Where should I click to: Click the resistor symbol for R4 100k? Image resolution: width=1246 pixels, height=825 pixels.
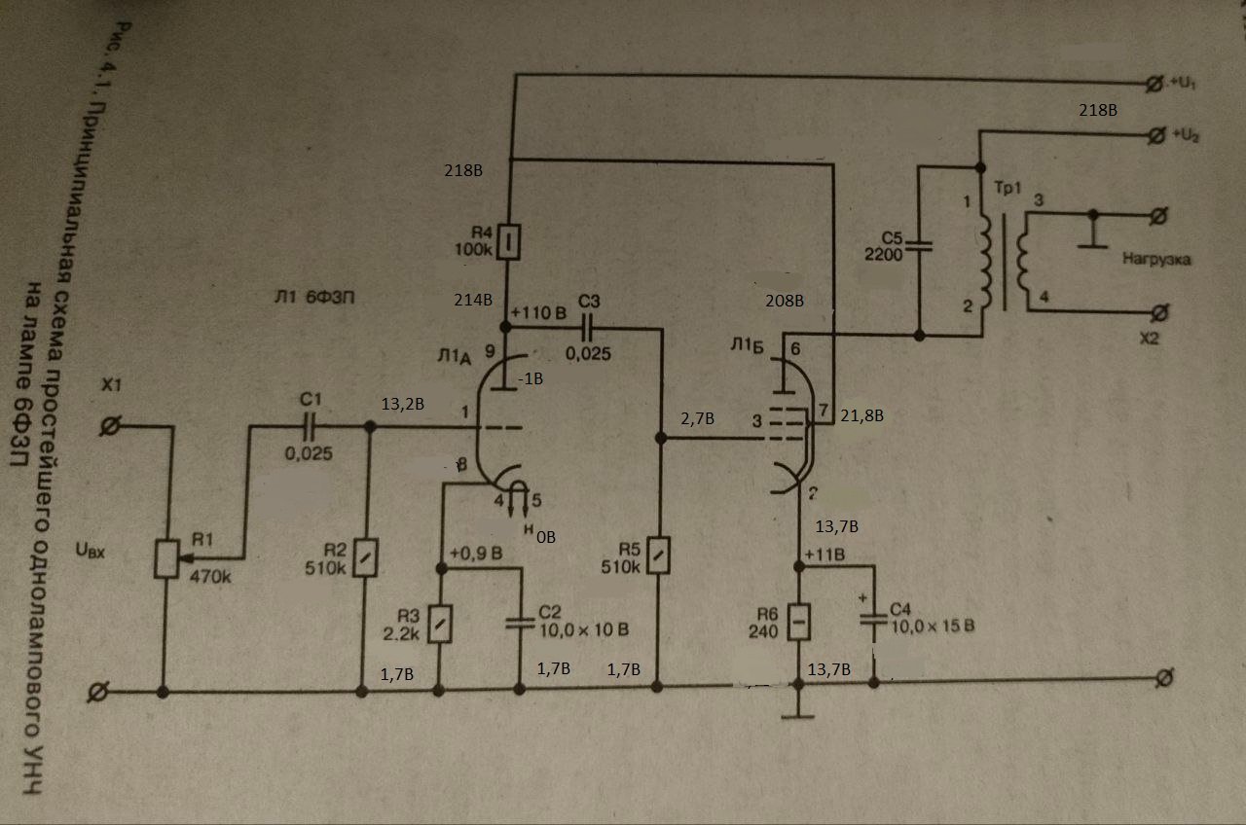[507, 242]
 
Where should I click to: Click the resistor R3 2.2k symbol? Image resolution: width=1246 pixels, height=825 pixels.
[442, 622]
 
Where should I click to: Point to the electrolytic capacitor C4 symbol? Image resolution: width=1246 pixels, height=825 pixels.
[872, 621]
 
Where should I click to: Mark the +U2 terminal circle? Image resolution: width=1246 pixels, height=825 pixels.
[1155, 133]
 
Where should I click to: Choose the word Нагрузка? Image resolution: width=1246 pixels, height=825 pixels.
[1156, 260]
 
